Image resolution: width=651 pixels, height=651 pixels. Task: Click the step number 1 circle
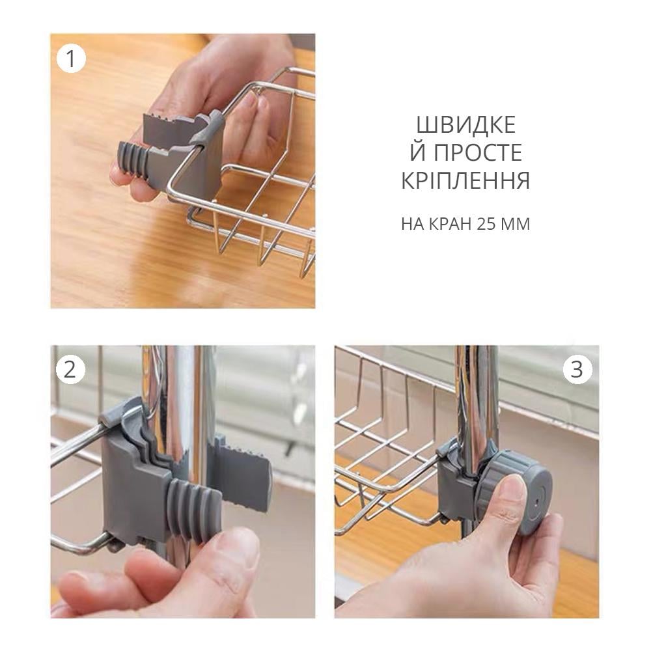(x=71, y=59)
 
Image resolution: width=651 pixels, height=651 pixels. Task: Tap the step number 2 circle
(x=70, y=369)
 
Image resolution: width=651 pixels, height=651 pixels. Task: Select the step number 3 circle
(x=577, y=369)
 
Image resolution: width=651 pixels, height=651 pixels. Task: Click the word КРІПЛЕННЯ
(x=465, y=180)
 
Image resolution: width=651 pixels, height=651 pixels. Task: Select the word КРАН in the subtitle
(x=450, y=224)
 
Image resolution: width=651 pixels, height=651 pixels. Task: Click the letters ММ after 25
(x=515, y=224)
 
